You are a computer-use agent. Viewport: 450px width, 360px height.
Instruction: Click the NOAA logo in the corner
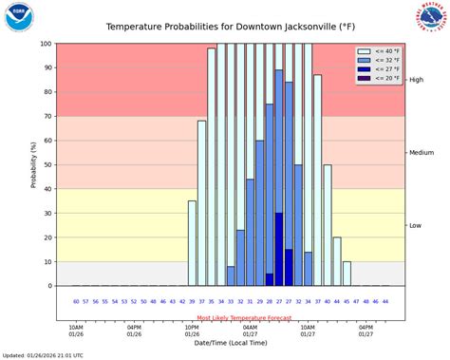(18, 17)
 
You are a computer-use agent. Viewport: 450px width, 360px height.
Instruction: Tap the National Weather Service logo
(432, 15)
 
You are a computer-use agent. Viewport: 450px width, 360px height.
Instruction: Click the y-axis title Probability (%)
(34, 164)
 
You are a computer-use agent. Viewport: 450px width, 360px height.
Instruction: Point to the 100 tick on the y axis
(47, 44)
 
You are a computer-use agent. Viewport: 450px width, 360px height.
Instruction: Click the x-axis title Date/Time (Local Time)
(231, 344)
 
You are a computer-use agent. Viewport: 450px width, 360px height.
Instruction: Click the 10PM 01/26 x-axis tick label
(192, 331)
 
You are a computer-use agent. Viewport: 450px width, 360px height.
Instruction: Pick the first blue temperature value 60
(76, 301)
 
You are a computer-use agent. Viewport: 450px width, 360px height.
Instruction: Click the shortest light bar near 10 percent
(347, 273)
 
